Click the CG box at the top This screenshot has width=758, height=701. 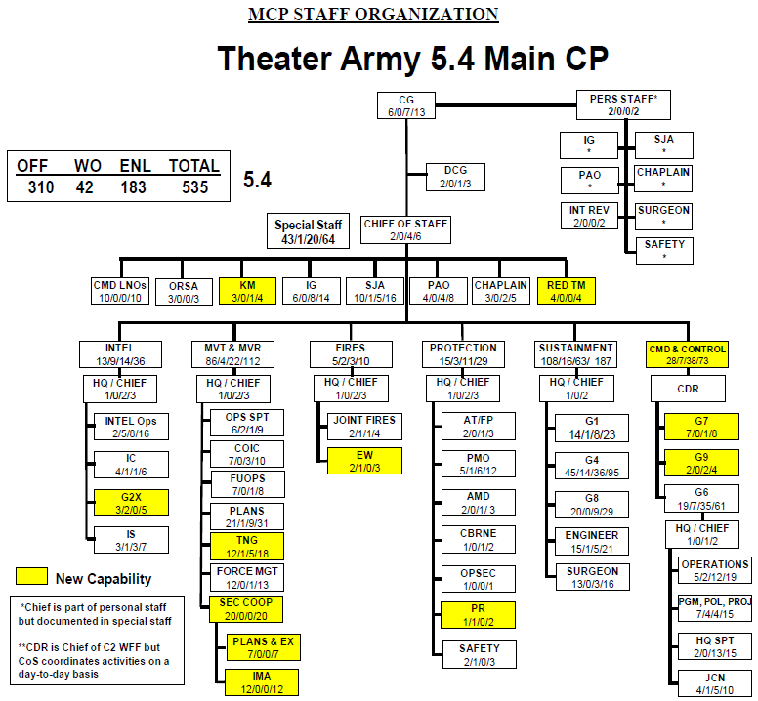406,106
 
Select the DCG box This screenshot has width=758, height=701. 455,177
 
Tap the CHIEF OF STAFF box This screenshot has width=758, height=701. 405,229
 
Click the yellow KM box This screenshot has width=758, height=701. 246,291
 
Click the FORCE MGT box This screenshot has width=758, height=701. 246,577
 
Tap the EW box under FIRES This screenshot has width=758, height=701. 362,461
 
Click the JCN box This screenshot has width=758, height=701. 715,681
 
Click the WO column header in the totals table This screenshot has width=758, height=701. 88,166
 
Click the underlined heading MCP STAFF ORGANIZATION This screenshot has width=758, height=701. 373,14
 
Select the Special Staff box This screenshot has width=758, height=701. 308,231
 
